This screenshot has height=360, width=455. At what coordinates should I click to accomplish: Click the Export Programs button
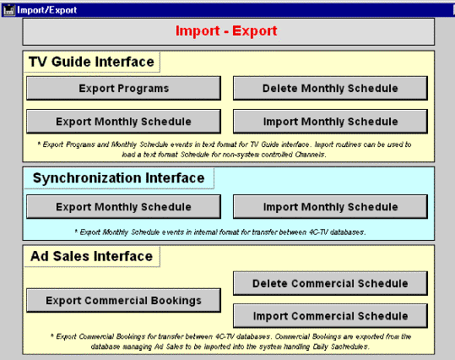click(123, 89)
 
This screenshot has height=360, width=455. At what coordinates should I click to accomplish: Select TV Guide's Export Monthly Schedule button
click(123, 122)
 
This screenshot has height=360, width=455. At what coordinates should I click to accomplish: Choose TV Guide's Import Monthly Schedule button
click(331, 122)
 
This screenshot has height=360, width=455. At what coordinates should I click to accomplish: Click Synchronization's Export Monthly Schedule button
click(123, 207)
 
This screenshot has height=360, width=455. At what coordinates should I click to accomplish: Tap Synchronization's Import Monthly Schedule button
click(331, 207)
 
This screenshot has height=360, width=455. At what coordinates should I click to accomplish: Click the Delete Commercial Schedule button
click(331, 284)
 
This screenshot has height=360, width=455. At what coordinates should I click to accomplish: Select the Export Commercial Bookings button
click(123, 301)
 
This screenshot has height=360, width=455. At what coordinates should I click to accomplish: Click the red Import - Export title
click(226, 30)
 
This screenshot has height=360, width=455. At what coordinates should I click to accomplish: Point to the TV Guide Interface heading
click(91, 62)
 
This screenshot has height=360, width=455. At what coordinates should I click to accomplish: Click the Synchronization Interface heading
click(119, 178)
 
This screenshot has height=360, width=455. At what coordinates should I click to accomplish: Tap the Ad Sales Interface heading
click(92, 256)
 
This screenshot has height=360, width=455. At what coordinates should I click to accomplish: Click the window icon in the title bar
click(9, 10)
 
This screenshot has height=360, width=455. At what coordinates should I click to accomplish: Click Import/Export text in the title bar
click(47, 10)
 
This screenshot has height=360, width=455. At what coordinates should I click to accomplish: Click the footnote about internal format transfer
click(220, 232)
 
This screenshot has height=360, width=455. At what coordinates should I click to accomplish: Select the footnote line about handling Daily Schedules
click(230, 346)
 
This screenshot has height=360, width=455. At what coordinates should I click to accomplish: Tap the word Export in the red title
click(255, 31)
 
